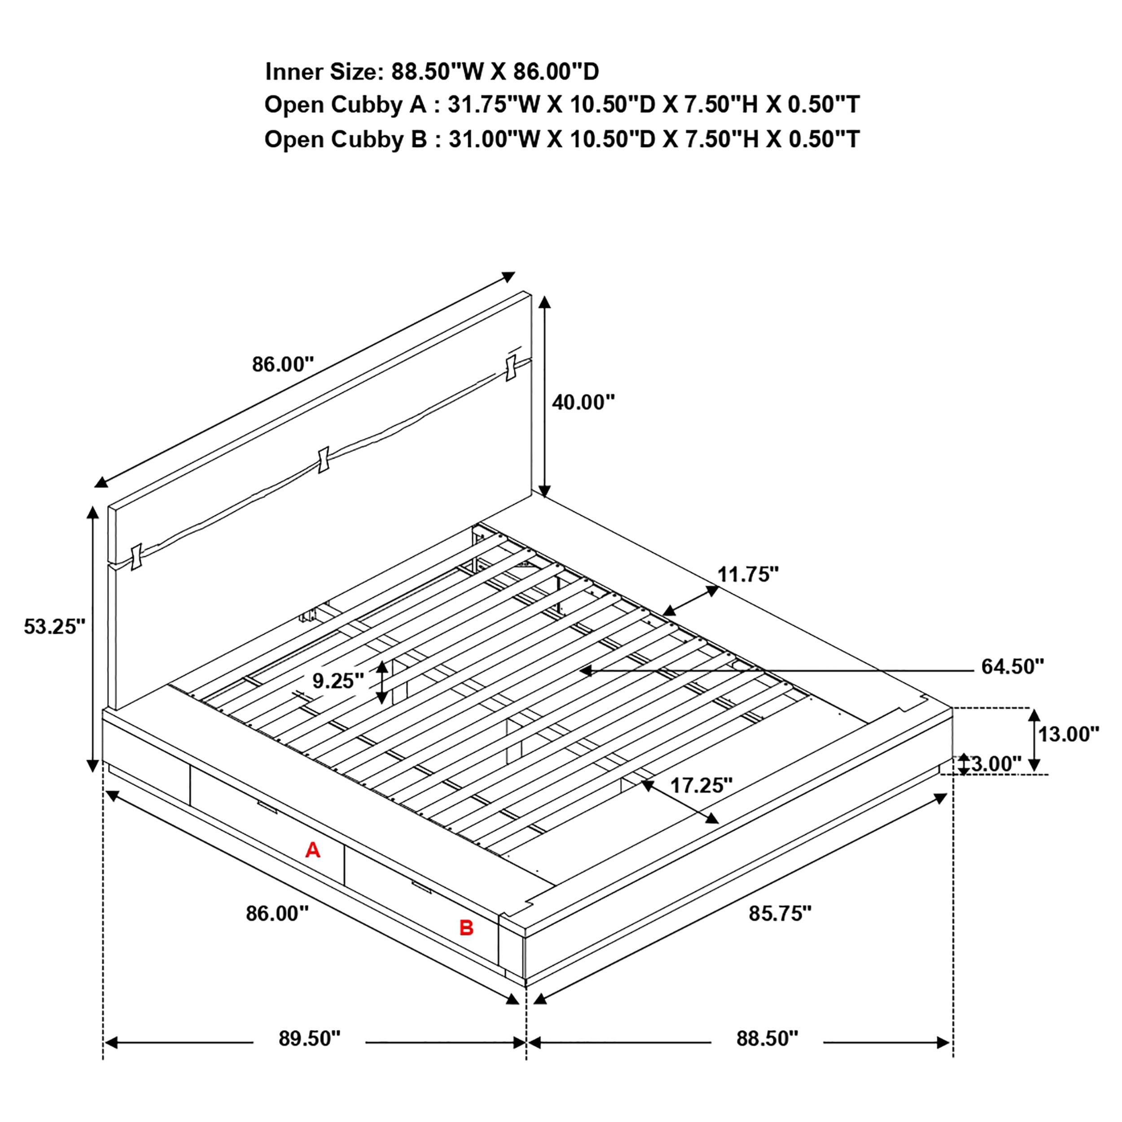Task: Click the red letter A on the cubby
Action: point(312,850)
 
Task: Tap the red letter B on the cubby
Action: point(466,928)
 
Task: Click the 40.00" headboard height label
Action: point(583,402)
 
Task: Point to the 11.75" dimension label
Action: point(747,574)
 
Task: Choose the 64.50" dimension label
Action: point(1012,667)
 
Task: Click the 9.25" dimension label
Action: point(338,681)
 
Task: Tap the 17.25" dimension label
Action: point(701,786)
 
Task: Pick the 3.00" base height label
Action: point(996,764)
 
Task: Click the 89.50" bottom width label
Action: point(309,1039)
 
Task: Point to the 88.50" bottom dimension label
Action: point(767,1039)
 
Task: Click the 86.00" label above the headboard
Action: point(283,365)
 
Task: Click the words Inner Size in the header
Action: point(323,72)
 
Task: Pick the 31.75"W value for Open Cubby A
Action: point(494,105)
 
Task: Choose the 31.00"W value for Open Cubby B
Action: point(494,140)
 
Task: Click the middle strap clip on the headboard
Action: point(324,460)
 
